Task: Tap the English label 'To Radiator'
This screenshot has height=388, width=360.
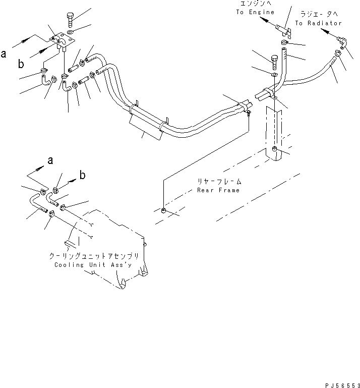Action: click(x=318, y=23)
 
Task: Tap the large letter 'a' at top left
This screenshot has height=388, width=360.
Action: click(x=4, y=53)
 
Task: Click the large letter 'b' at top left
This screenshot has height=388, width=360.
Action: click(x=21, y=64)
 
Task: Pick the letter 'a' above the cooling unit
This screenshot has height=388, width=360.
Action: click(x=50, y=160)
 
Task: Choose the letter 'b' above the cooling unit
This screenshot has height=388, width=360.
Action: click(x=83, y=176)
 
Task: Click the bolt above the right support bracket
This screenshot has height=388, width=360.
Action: click(x=274, y=63)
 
